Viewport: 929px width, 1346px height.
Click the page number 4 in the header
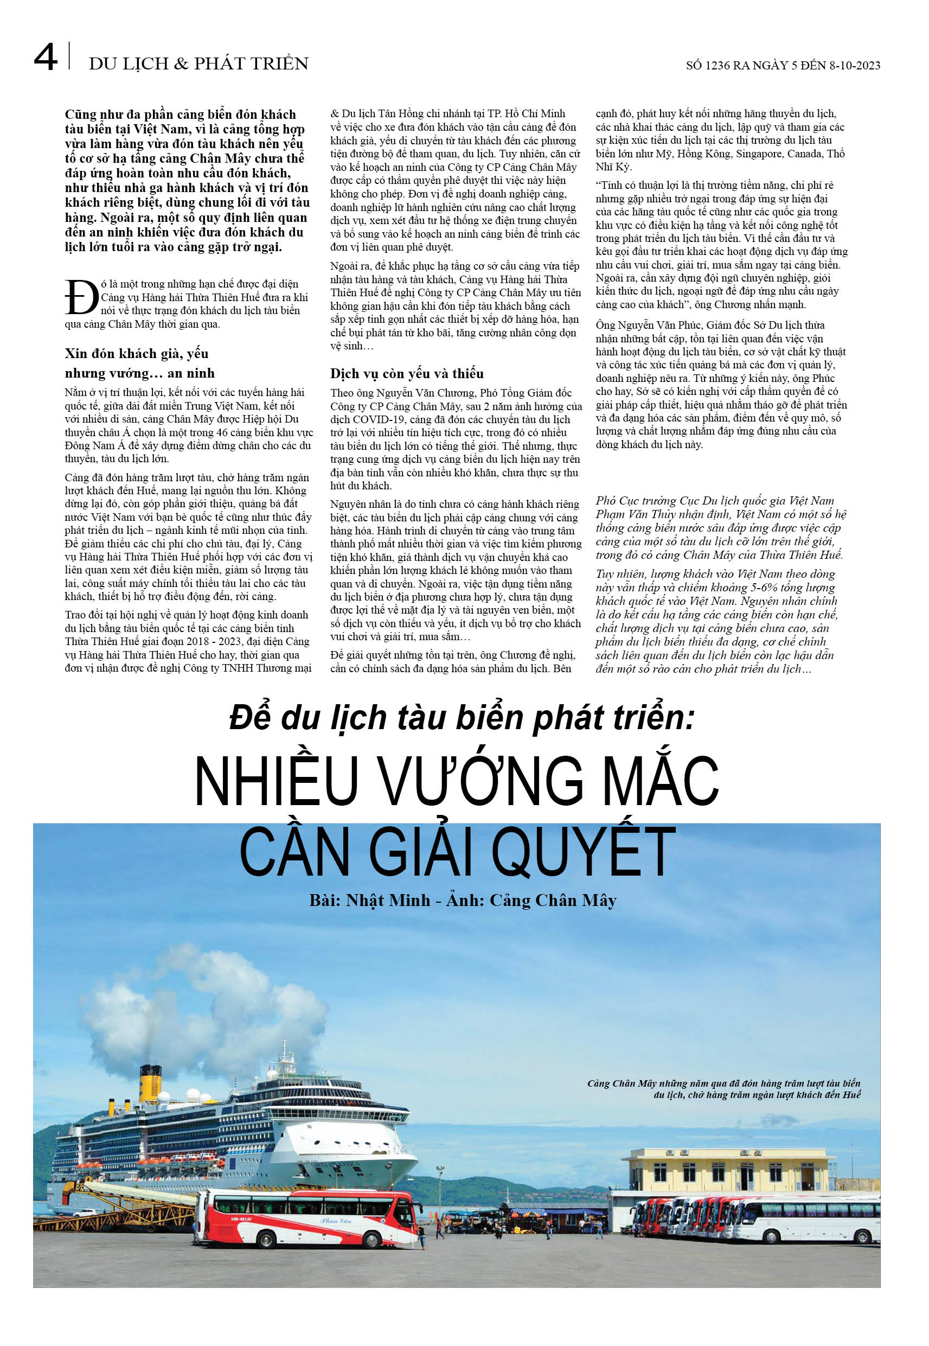click(46, 58)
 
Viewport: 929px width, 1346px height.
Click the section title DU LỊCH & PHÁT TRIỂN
click(198, 63)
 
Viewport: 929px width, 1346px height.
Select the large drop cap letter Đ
click(81, 297)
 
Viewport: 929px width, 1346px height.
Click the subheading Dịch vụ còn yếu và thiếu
click(407, 373)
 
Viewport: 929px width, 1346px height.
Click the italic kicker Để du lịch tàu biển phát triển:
click(462, 717)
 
